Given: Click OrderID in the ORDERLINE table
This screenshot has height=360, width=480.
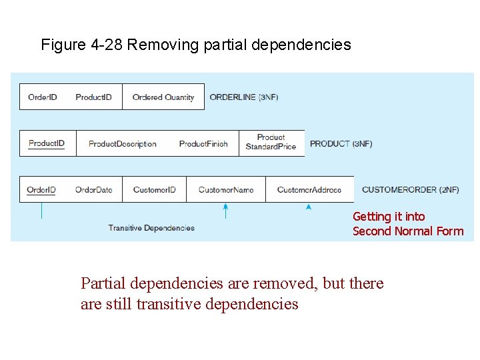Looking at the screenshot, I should point(43,97).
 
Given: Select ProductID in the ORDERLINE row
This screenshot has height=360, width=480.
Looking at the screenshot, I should point(93,97).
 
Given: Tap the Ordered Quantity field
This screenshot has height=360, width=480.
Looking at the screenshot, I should point(163,97).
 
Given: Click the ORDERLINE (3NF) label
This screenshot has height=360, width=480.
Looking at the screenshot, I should point(244,97).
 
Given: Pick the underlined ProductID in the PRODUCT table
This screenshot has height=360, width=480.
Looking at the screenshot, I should point(47,143).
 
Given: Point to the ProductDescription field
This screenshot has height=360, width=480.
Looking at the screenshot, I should point(123,144).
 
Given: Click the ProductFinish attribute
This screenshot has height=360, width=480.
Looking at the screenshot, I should point(203,144).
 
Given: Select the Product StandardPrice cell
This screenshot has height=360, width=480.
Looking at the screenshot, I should point(271,142).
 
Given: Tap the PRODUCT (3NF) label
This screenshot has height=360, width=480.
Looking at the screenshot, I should point(341,144).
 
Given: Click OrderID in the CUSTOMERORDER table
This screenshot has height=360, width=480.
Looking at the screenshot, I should point(41,190).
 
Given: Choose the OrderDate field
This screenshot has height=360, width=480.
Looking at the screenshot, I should point(94,190).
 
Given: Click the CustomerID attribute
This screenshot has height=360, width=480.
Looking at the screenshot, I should point(155,190).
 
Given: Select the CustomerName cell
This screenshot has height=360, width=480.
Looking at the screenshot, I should point(226,190).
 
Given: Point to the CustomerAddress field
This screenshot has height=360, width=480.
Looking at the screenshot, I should point(309,190).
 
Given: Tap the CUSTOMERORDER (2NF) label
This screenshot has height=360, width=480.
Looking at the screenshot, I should point(411,190).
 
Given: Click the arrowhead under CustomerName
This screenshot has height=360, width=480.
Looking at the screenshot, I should point(226,207).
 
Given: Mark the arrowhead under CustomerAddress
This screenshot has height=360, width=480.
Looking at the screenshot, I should point(309,207).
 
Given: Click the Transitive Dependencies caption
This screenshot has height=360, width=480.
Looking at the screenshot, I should point(151,228).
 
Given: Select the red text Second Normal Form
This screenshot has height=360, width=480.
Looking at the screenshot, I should point(408,231).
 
